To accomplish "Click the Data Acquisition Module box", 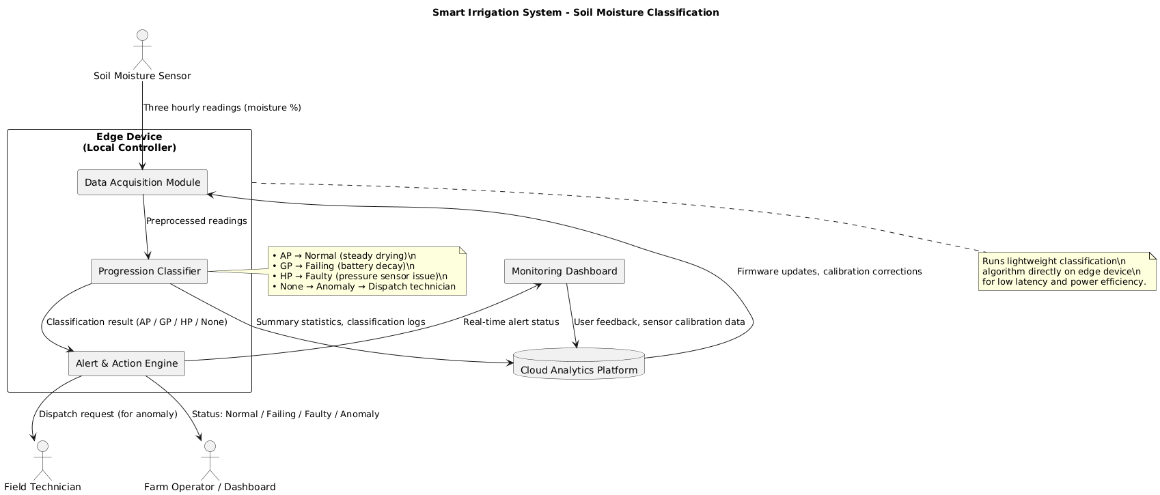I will (142, 182).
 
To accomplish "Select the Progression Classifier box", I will (149, 272).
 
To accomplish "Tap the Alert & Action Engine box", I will (127, 363).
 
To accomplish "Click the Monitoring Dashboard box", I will (564, 271).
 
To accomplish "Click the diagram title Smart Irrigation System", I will (575, 12).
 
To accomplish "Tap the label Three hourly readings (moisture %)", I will (222, 108).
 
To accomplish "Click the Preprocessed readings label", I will (196, 221).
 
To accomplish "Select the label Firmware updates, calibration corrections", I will (829, 272).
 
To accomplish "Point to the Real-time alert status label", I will (511, 322).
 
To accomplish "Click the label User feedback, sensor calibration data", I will (659, 322).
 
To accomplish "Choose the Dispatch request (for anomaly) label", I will (108, 414).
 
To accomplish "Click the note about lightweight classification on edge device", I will (1066, 271).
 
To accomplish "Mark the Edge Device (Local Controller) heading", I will (129, 142).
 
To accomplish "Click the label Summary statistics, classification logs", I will (340, 322).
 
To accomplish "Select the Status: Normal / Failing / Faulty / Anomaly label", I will (286, 414).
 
